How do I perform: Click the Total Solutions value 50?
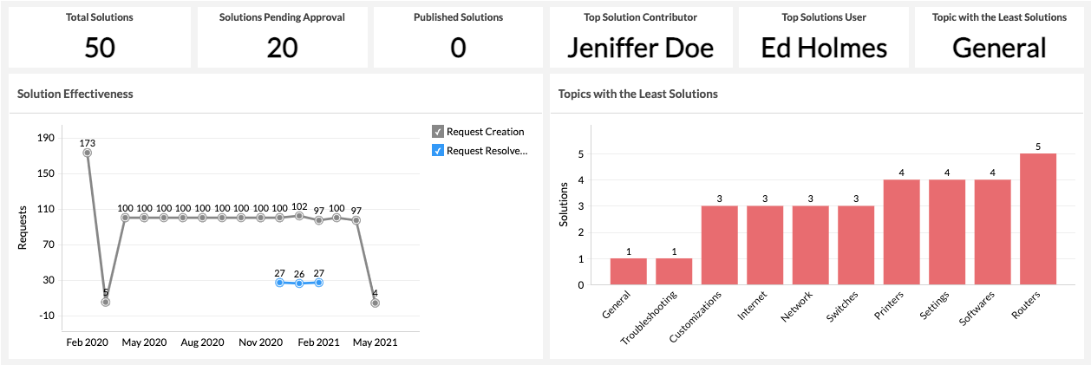(100, 48)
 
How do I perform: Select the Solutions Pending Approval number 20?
(282, 48)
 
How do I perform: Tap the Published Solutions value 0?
(458, 48)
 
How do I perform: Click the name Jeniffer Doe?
(640, 48)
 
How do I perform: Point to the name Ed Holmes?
(824, 48)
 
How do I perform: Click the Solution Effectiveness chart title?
(75, 94)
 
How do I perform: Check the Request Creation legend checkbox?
(438, 132)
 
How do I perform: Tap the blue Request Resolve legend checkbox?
(438, 151)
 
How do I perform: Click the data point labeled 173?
(87, 153)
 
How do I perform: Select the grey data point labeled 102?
(299, 215)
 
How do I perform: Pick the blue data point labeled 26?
(299, 284)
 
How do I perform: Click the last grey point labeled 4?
(376, 303)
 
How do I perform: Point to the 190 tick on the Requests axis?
(46, 138)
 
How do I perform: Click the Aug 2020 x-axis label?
(203, 342)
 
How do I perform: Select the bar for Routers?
(1038, 218)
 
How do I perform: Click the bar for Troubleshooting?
(674, 271)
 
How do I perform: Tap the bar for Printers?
(901, 231)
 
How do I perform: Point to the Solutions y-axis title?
(564, 205)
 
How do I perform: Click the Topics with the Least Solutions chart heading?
(637, 94)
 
